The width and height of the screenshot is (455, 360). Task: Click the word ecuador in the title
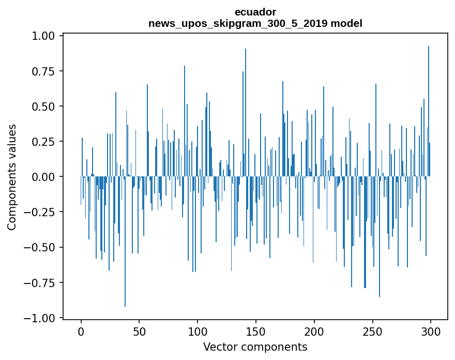tap(255, 12)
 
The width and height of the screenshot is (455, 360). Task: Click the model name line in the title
tap(255, 23)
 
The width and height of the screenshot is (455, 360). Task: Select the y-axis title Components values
tap(11, 177)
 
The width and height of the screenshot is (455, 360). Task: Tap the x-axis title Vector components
tap(255, 347)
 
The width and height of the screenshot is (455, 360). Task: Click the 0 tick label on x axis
tap(81, 332)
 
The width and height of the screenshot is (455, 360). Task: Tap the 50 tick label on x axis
tap(139, 332)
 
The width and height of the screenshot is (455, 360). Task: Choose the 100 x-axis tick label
tap(198, 332)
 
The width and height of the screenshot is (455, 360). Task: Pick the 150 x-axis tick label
tap(255, 332)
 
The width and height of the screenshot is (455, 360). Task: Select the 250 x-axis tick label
tap(372, 332)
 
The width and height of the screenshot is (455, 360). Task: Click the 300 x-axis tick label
tap(430, 332)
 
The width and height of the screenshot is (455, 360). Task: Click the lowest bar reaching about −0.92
tap(125, 259)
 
